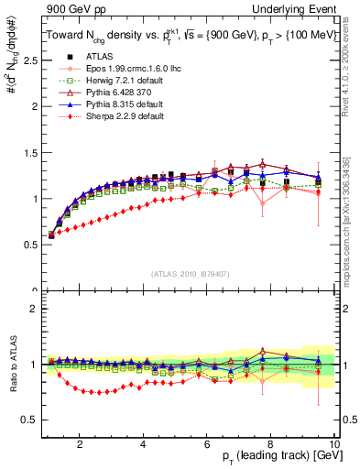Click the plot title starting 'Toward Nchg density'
click(x=187, y=34)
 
